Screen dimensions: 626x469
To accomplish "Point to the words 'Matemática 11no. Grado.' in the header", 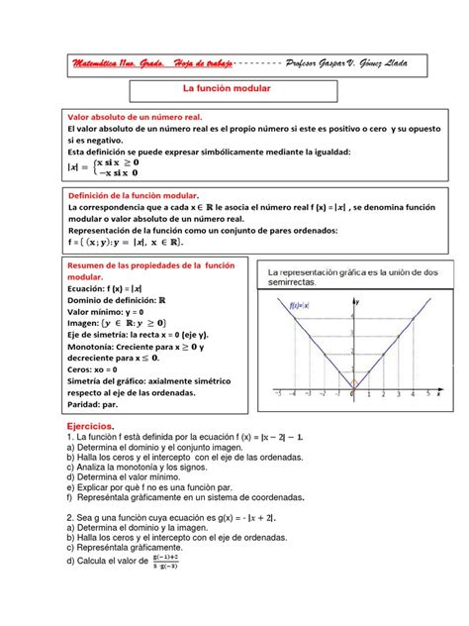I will coord(120,64).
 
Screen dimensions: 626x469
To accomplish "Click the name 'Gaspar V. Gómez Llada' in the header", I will coord(346,64).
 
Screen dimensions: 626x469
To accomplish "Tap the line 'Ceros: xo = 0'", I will coord(100,368).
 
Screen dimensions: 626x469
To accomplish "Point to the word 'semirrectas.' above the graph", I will coord(291,282).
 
